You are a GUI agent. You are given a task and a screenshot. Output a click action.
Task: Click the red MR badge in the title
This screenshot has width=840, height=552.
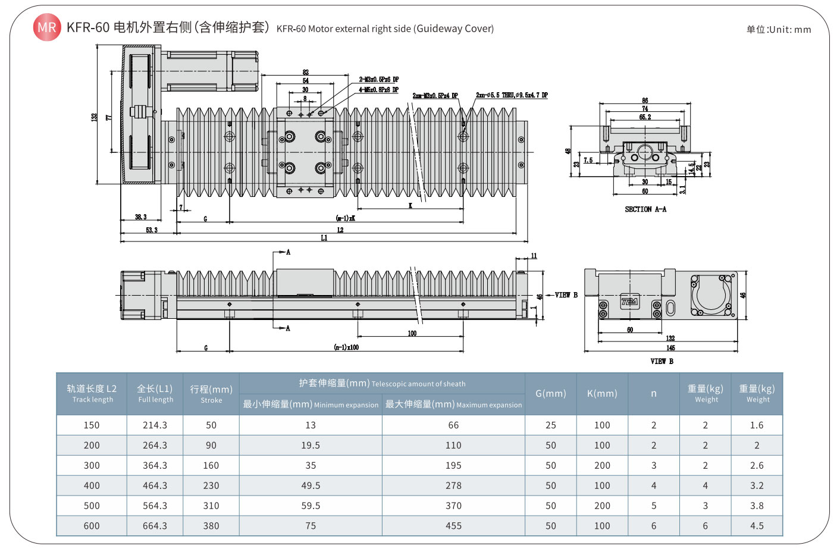(47, 27)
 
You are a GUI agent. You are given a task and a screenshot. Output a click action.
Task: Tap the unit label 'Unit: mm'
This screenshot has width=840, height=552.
(779, 30)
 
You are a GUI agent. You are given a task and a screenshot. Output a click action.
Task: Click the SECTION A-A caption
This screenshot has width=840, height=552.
(645, 209)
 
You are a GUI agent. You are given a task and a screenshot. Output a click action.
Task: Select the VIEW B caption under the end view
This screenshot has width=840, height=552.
(662, 361)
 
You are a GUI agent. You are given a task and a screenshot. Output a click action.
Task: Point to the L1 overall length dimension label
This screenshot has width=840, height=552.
(324, 238)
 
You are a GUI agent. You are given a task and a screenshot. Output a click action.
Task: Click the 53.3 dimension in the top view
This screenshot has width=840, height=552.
(152, 230)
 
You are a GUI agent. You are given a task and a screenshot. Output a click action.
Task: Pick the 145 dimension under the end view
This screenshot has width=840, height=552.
(670, 348)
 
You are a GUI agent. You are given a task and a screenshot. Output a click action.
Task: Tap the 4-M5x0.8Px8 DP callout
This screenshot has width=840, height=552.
(378, 90)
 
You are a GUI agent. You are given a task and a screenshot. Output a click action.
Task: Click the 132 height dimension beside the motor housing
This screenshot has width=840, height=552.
(94, 117)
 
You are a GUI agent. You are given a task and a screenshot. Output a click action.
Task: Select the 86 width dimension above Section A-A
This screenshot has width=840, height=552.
(645, 101)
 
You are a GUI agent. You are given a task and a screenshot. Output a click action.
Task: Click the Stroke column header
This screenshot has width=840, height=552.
(211, 394)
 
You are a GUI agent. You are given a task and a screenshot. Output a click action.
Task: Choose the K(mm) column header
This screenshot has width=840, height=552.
(602, 394)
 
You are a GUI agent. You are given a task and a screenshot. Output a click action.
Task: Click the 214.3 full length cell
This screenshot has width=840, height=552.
(155, 425)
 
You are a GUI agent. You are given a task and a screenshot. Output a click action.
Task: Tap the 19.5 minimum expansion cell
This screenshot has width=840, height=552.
(311, 446)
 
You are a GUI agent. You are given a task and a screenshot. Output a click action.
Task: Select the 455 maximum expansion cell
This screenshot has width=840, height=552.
(453, 526)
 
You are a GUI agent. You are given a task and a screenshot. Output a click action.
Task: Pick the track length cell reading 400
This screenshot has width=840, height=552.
(92, 486)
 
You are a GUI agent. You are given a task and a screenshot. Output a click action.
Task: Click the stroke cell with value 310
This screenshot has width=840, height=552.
(211, 506)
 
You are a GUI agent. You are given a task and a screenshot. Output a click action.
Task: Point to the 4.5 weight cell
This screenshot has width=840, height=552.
(757, 526)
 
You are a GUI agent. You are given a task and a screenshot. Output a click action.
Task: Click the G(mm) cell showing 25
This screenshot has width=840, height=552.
(551, 425)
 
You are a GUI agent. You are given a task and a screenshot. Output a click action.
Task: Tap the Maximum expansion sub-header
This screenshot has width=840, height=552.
(453, 404)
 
